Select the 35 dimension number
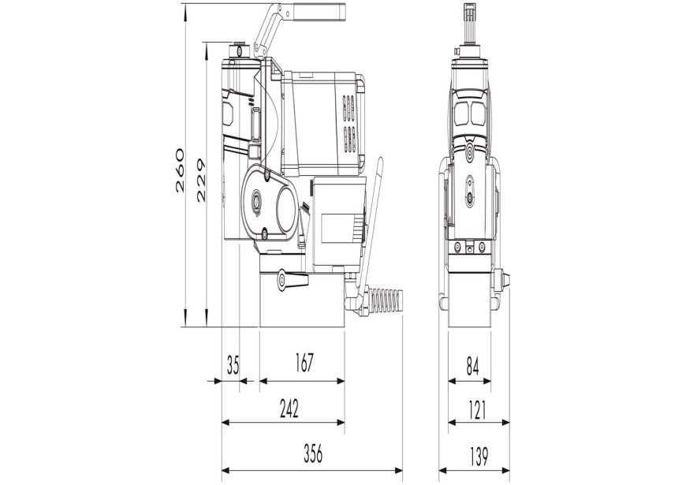(x=232, y=364)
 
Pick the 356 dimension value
(x=311, y=454)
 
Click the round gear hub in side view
(x=258, y=201)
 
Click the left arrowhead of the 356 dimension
(x=225, y=472)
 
